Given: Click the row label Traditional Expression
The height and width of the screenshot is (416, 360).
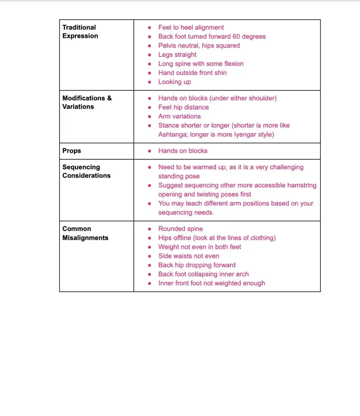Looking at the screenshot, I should (80, 32).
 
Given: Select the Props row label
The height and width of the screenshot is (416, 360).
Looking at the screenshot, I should (72, 151).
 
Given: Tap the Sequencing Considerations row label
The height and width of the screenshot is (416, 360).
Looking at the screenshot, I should (86, 171).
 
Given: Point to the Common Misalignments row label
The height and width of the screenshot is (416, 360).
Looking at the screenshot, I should (85, 233).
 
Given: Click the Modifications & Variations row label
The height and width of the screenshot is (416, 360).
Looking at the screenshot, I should (87, 102).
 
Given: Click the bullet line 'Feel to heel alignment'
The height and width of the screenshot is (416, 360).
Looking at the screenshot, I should (191, 28).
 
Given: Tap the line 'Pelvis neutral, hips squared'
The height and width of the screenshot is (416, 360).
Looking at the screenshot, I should (199, 45).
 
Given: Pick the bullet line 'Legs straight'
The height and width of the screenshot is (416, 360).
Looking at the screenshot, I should (177, 54).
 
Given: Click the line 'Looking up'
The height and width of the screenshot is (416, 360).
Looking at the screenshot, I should (175, 82).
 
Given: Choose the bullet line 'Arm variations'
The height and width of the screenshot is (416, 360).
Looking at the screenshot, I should (179, 116).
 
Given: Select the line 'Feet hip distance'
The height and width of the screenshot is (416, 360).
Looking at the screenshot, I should (183, 107).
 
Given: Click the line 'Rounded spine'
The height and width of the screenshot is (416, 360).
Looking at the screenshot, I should (181, 229).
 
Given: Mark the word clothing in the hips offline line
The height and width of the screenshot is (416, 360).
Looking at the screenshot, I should (259, 238).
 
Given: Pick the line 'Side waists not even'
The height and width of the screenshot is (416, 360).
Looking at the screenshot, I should (189, 256).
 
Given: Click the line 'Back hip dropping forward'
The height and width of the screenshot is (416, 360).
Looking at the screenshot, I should (197, 265).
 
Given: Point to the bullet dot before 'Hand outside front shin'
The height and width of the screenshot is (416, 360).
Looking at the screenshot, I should (150, 73).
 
